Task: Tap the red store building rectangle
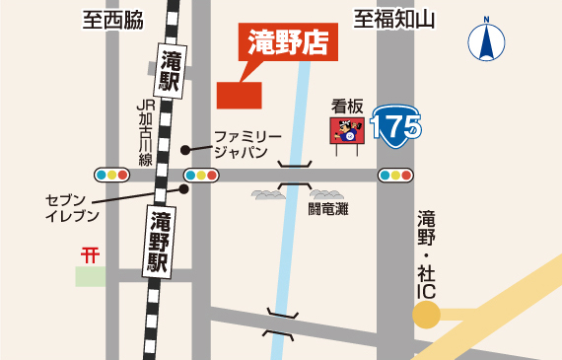tap(239, 95)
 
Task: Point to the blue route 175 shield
tap(396, 125)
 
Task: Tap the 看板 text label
tap(348, 104)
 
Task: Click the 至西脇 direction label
tap(113, 20)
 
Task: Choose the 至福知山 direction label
tap(395, 20)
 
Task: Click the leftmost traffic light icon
tap(112, 175)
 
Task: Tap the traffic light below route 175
tap(395, 175)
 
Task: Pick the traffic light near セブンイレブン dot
tap(201, 175)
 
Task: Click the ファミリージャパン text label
tap(246, 143)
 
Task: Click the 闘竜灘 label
tap(327, 208)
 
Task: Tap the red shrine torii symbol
tap(91, 253)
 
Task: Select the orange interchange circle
tap(426, 315)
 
